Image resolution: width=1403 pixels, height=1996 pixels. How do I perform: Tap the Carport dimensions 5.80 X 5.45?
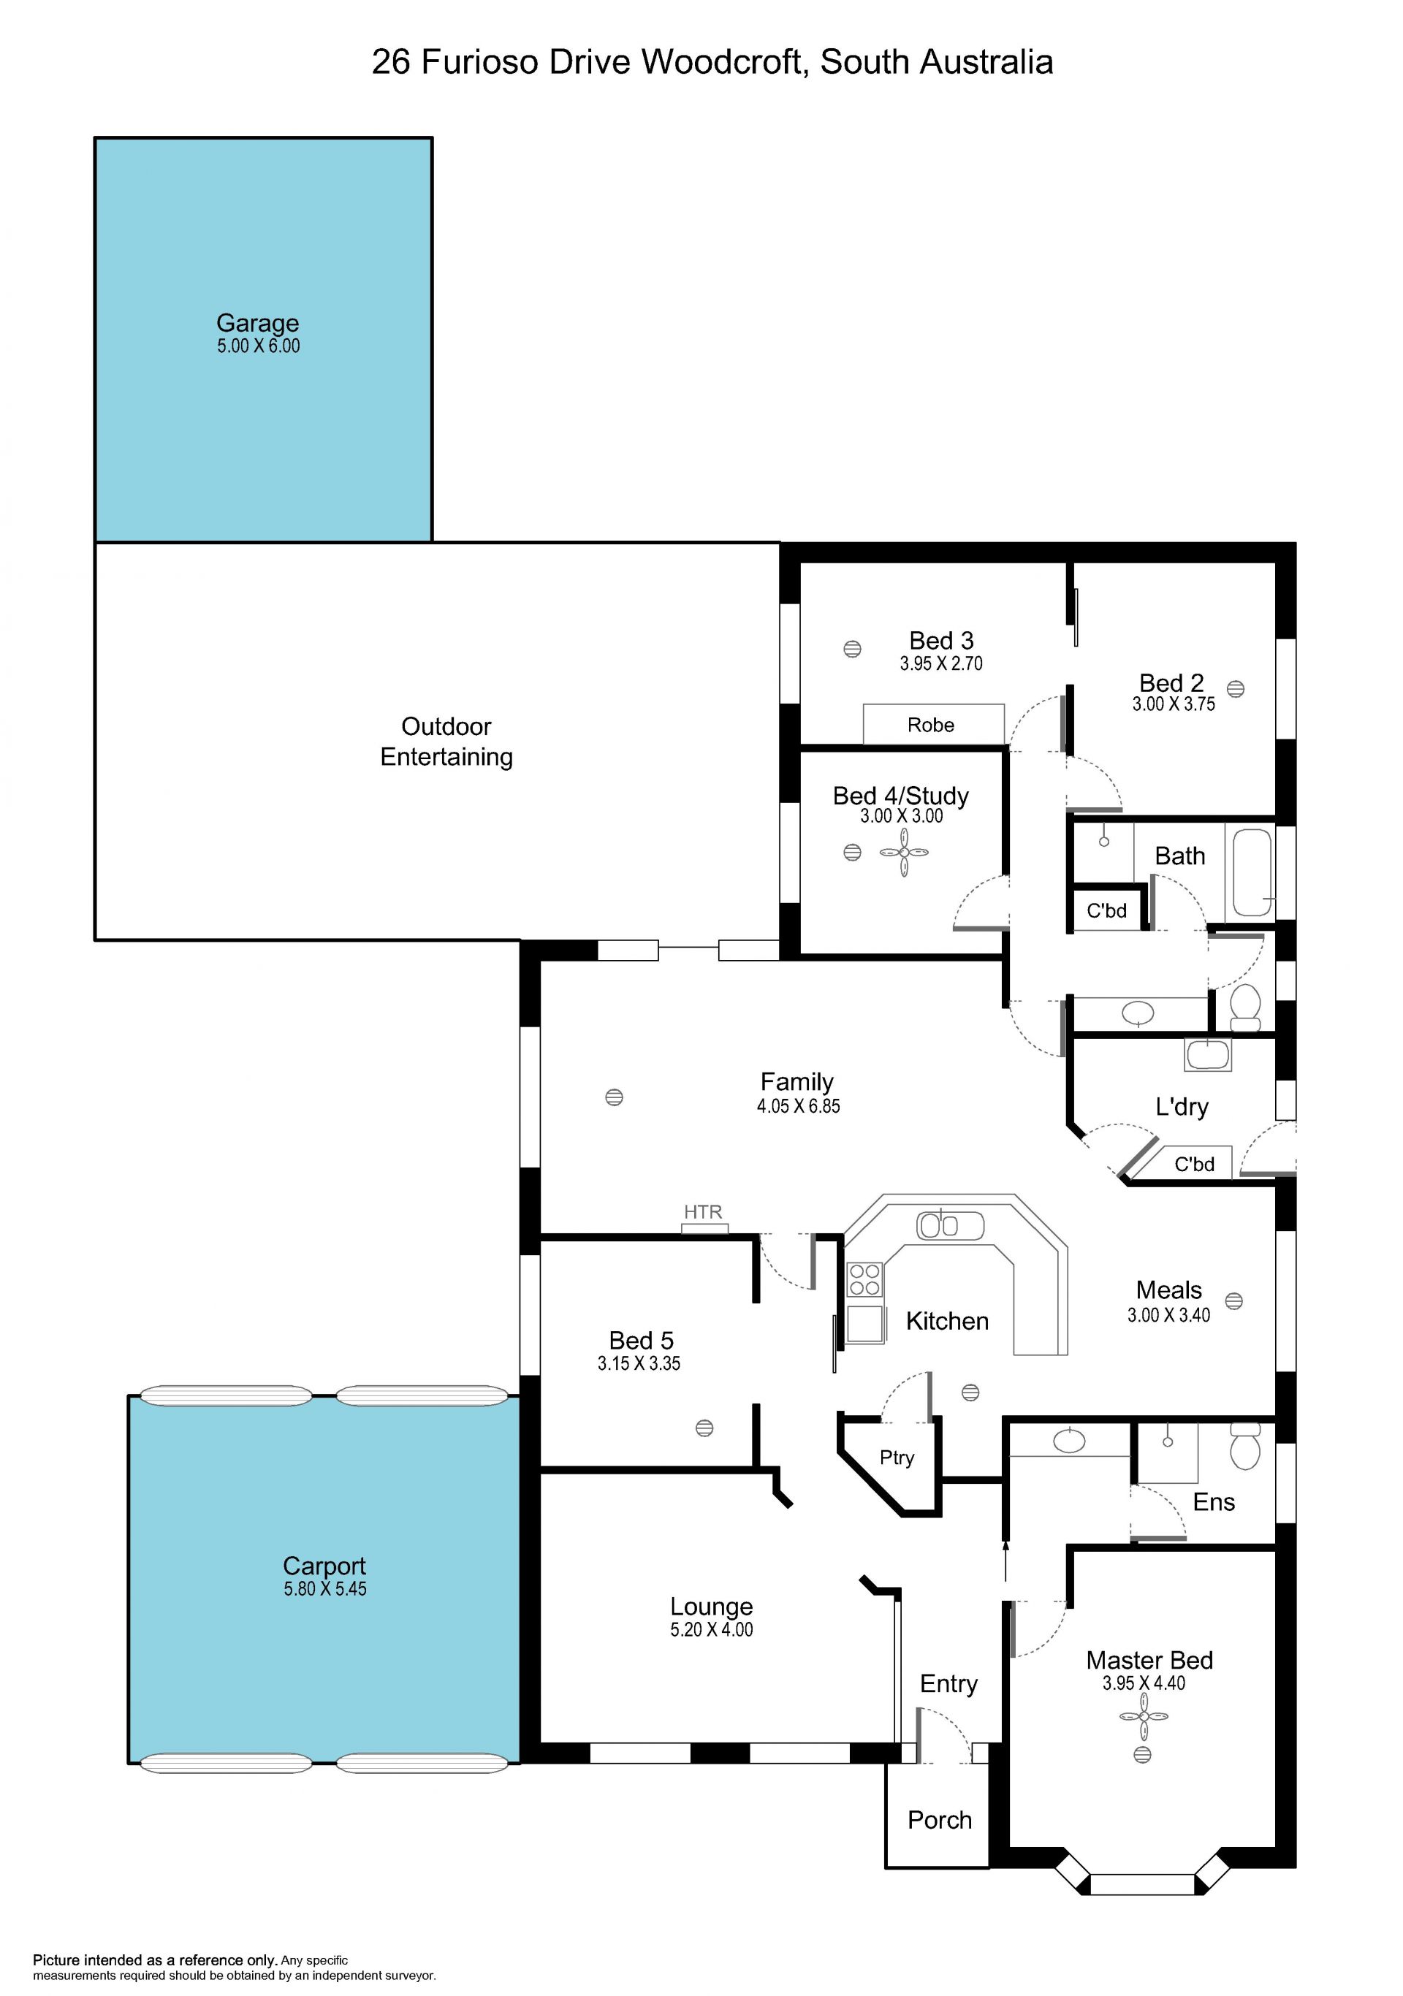[325, 1588]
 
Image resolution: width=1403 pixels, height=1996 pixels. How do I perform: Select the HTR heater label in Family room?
[702, 1211]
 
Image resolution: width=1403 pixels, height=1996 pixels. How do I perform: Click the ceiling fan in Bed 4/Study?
[904, 853]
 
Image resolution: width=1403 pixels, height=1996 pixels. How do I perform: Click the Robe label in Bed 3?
[930, 725]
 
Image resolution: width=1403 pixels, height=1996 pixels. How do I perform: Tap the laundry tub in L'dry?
[1207, 1054]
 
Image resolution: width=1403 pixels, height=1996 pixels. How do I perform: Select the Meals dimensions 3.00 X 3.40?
[1168, 1315]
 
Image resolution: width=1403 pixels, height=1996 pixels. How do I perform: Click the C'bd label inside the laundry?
[1193, 1164]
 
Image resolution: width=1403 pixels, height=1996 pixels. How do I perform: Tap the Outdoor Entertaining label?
[446, 742]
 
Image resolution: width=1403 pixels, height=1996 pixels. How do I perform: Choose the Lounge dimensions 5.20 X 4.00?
[711, 1629]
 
